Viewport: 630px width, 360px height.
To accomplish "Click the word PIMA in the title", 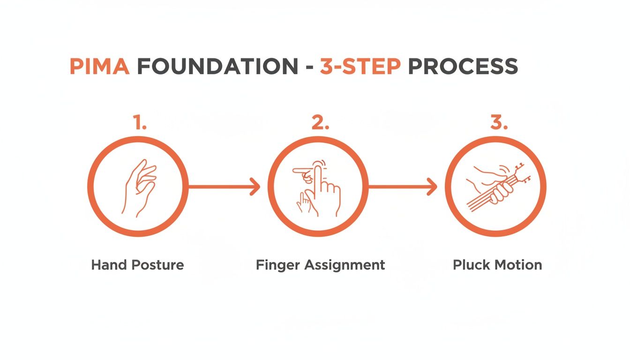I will pyautogui.click(x=99, y=67).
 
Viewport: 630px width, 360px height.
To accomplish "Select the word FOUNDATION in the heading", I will pyautogui.click(x=217, y=67).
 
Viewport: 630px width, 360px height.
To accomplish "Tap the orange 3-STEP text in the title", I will pyautogui.click(x=360, y=67).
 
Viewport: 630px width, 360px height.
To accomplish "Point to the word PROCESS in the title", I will pyautogui.click(x=463, y=67).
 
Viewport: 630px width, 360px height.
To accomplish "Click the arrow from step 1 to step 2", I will pyautogui.click(x=224, y=187).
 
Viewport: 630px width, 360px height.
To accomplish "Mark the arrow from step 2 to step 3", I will pyautogui.click(x=402, y=187).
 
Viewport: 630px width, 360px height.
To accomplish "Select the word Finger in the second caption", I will pyautogui.click(x=278, y=265).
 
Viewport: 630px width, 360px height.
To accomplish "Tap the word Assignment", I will pyautogui.click(x=345, y=265).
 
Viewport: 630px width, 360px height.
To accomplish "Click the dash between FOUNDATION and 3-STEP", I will pyautogui.click(x=309, y=68).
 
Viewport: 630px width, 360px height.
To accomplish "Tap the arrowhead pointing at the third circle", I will pyautogui.click(x=432, y=187).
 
